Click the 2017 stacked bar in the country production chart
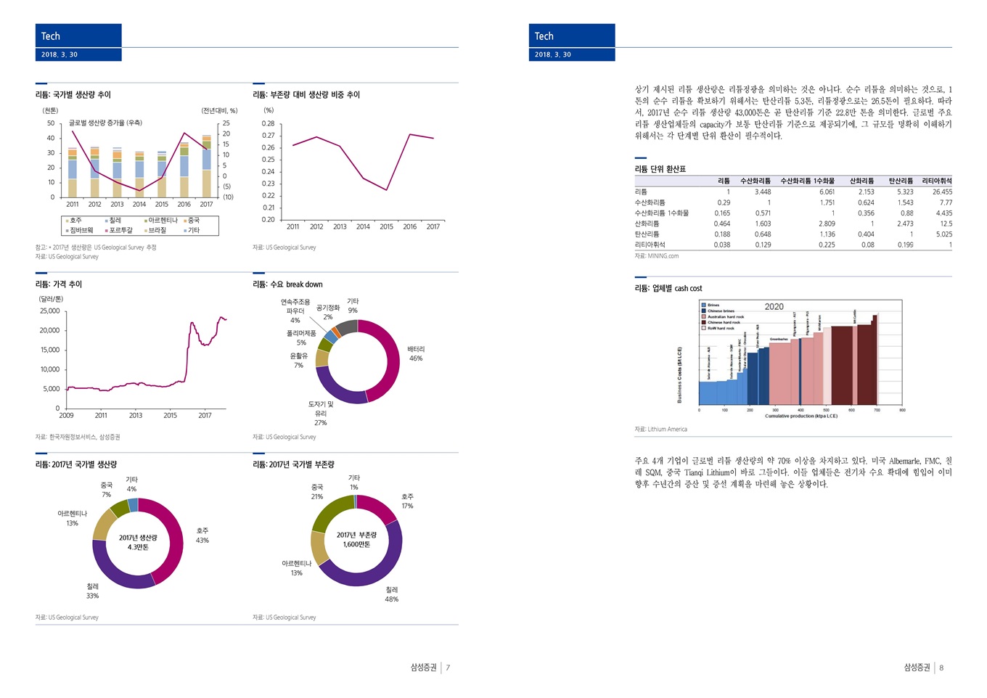(207, 166)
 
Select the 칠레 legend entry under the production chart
(113, 221)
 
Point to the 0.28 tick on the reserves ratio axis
(269, 123)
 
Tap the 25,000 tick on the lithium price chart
(50, 311)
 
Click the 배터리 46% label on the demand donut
(416, 353)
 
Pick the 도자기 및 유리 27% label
(321, 414)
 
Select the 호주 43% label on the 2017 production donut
(202, 535)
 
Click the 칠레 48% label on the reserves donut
(392, 594)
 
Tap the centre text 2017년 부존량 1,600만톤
(356, 540)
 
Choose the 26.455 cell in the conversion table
(942, 192)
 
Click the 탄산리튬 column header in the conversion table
(901, 181)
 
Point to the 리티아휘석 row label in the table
(650, 245)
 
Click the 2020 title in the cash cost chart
(774, 307)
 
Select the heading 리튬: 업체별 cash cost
(668, 289)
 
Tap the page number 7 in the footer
(448, 668)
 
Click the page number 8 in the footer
(941, 668)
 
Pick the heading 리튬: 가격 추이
(59, 284)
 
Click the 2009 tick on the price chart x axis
(66, 416)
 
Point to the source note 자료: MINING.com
(657, 256)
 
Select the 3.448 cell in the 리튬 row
(762, 192)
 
